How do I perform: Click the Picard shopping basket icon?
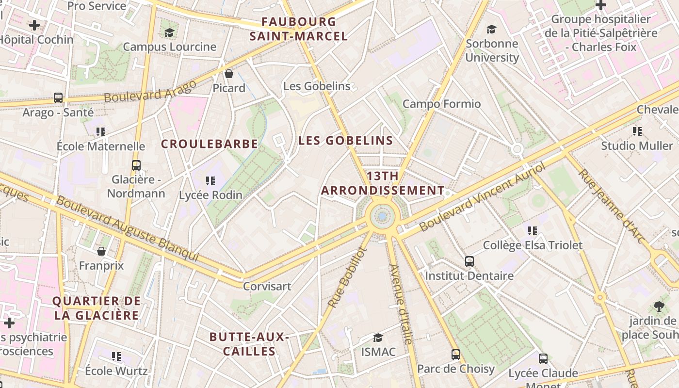229,74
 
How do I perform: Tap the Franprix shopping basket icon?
101,251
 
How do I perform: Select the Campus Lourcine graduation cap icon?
169,32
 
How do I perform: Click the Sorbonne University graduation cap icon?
492,29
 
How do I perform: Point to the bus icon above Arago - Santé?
58,98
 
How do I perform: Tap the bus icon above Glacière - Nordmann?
136,165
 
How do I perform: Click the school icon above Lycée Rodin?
210,181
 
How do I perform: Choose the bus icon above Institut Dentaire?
469,261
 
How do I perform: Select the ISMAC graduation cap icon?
378,338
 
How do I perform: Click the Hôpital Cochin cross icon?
34,25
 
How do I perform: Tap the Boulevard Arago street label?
150,91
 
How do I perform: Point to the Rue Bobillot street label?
346,277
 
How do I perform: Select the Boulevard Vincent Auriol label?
483,196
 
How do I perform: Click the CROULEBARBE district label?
210,144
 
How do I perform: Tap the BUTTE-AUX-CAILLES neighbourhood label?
249,344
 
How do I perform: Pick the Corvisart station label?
267,286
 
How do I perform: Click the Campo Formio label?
442,104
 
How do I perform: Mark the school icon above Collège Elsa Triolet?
533,231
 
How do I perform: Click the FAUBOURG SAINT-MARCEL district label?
299,29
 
